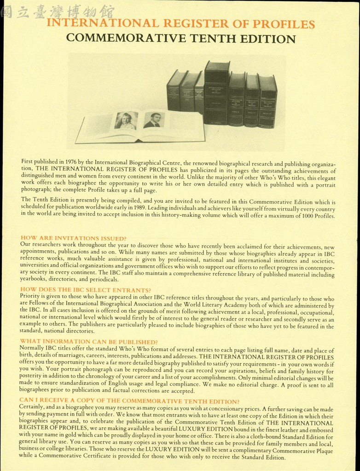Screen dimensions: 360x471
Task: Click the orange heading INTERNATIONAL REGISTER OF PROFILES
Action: click(181, 23)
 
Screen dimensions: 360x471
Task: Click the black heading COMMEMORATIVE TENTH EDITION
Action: click(181, 39)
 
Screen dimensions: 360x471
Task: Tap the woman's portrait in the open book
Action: click(126, 121)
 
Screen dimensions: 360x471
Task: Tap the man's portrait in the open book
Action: click(154, 120)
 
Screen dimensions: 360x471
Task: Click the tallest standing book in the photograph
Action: click(216, 93)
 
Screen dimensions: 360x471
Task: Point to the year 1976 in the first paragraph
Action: click(71, 161)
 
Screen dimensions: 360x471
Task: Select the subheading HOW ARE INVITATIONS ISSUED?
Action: click(74, 239)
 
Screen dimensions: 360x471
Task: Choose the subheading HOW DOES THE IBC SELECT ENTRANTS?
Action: click(86, 290)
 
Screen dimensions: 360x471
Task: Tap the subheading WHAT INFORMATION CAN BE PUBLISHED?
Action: click(89, 342)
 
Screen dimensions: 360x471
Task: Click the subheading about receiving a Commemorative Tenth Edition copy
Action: click(129, 401)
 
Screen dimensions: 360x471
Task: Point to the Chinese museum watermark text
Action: click(58, 11)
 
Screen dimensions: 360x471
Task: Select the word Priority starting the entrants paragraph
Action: click(30, 296)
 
